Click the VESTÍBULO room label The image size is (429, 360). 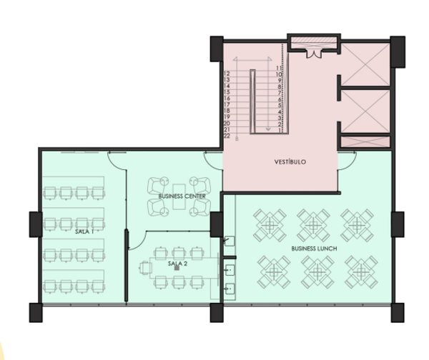point(290,162)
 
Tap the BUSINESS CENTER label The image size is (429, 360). point(182,196)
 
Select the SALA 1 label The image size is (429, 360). point(84,232)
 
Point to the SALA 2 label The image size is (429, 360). point(177,264)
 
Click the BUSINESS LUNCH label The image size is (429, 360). point(314,249)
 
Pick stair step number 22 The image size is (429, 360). point(227,136)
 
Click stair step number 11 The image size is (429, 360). point(279,68)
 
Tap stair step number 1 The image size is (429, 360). point(280,131)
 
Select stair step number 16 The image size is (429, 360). point(227,99)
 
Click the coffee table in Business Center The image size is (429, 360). point(179,196)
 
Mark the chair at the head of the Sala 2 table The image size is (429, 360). point(146,268)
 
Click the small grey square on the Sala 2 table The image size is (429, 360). point(177,268)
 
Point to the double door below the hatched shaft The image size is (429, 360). point(314,54)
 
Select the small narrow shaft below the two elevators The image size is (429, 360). point(365,141)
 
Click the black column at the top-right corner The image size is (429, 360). point(398,51)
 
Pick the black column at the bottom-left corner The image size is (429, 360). point(36,313)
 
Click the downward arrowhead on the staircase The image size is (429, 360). point(268,129)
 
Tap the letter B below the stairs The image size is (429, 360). point(237,139)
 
